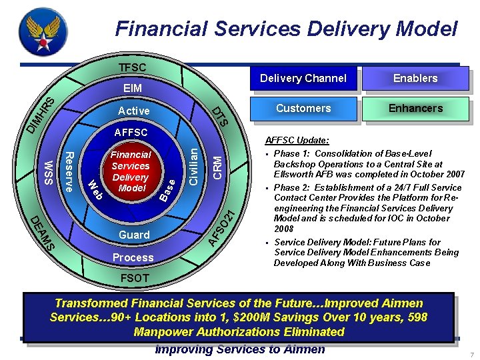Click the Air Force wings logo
(x=43, y=33)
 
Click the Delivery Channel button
(x=303, y=79)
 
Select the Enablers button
(x=415, y=79)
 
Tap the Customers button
(x=303, y=108)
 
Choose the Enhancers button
(x=415, y=108)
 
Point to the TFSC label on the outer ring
(x=132, y=68)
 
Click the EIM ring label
(x=132, y=88)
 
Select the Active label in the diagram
(x=133, y=110)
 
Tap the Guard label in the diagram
(x=133, y=235)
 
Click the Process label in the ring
(x=133, y=257)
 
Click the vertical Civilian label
(x=193, y=167)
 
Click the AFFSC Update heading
(x=297, y=141)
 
